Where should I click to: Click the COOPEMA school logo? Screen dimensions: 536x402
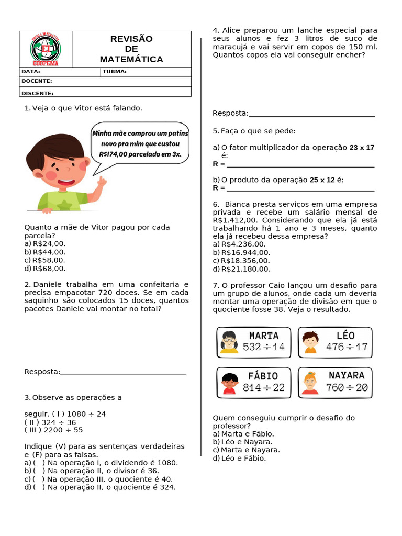tap(46, 50)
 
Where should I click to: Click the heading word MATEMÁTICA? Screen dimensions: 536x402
tap(131, 59)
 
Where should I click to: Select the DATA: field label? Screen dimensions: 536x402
tap(30, 72)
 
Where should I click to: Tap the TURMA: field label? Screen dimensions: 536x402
tap(115, 72)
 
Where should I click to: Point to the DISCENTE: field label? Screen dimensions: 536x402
tap(37, 93)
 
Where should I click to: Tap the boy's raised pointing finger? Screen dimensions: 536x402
tap(102, 181)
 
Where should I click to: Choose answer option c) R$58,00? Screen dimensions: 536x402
tap(45, 260)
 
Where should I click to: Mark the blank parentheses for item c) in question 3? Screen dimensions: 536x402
tap(38, 479)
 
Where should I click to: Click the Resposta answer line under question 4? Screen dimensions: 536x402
tap(311, 115)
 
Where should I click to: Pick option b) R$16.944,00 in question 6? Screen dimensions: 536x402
tap(242, 252)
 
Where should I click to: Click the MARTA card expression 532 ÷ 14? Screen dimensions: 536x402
tap(264, 347)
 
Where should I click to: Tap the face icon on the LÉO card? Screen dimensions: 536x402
tap(310, 342)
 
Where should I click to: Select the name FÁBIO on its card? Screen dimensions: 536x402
tap(263, 376)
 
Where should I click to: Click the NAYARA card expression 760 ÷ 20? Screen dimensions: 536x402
tap(347, 388)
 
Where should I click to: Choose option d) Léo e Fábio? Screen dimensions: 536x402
tap(239, 459)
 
